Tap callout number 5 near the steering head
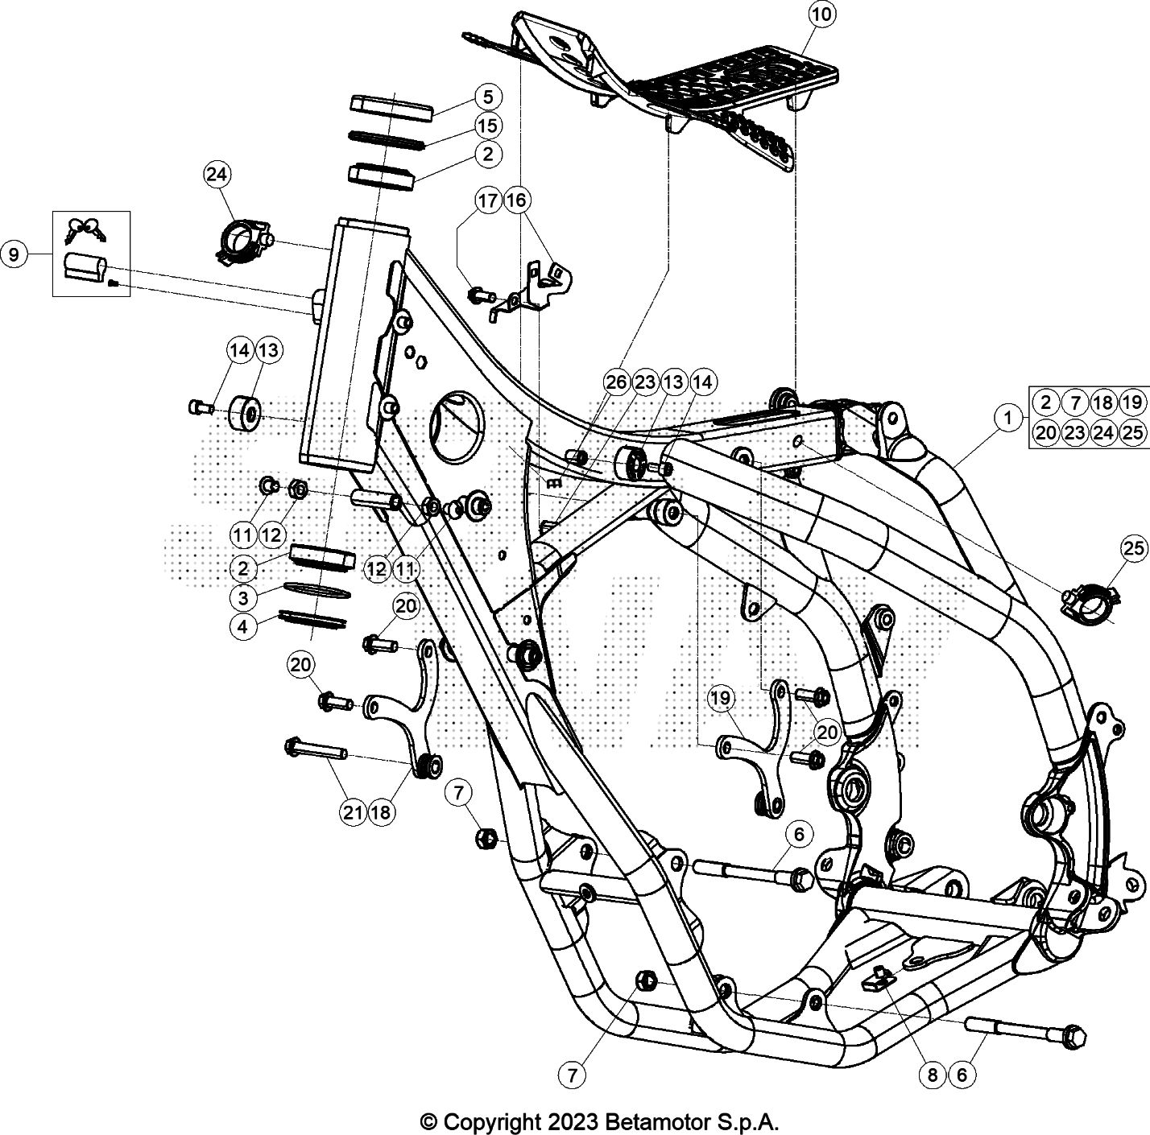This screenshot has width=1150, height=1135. [487, 97]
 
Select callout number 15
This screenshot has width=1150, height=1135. [487, 126]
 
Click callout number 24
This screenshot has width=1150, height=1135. [217, 174]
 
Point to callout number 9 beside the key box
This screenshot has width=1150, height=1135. [14, 255]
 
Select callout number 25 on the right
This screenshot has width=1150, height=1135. [1133, 549]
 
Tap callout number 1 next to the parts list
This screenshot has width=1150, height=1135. [1006, 417]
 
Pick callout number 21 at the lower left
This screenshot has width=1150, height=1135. [353, 813]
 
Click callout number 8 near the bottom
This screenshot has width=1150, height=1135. [932, 1074]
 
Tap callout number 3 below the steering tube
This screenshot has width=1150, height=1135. [244, 597]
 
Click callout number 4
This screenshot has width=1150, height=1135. [244, 625]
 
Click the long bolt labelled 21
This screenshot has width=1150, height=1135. [316, 750]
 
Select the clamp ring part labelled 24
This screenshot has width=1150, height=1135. [241, 240]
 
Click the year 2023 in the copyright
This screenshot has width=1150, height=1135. [577, 1121]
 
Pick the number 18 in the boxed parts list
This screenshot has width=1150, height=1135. [1103, 402]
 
